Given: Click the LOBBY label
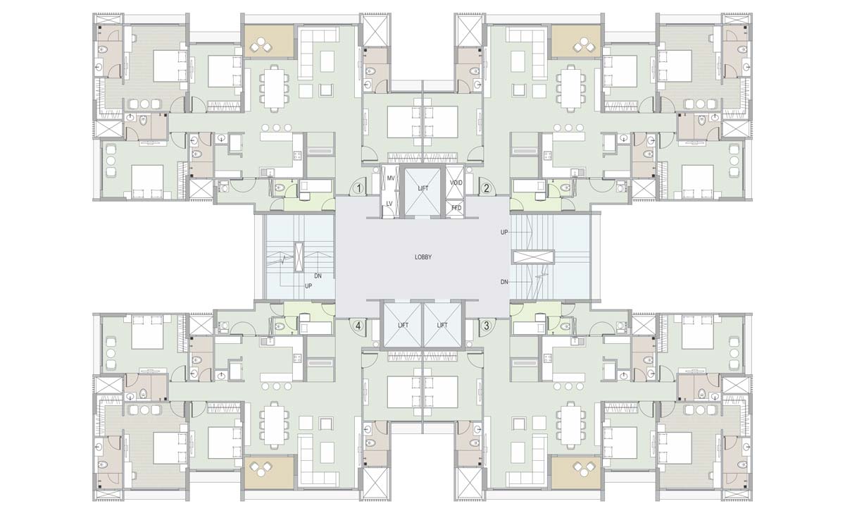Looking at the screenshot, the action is click(423, 257).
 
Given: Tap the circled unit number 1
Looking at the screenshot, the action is click(359, 188).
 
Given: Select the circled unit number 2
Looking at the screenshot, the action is click(487, 188).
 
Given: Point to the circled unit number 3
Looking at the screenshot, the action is click(487, 326).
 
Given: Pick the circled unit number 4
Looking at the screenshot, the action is click(359, 326).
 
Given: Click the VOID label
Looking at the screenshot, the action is click(456, 183).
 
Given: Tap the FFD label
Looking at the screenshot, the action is click(456, 208).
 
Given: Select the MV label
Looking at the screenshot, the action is click(391, 178).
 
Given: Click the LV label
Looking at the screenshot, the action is click(389, 204).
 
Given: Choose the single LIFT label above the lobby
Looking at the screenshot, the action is click(423, 188).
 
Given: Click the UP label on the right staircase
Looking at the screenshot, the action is click(504, 232).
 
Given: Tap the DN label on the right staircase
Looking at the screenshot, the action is click(504, 282).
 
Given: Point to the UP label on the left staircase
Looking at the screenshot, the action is click(308, 286).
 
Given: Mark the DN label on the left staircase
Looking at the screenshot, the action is click(318, 276).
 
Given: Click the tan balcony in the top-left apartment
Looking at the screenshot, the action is click(269, 42).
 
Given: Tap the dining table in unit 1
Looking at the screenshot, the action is click(274, 88).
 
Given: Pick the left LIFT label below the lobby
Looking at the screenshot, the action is click(403, 325).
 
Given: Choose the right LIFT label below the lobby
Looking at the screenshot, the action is click(442, 325).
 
